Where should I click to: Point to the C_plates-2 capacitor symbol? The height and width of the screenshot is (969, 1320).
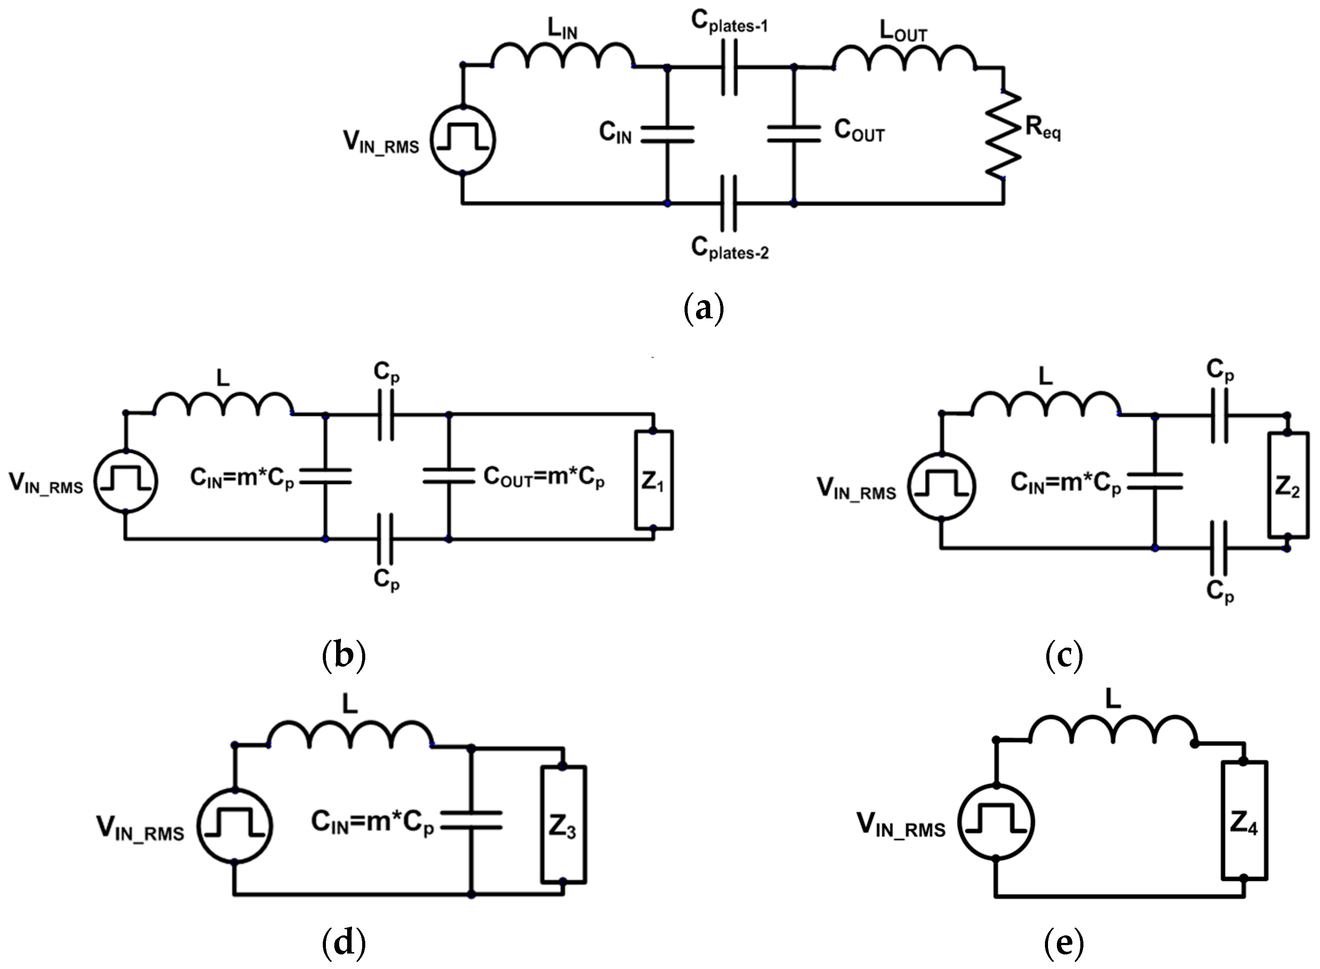[729, 203]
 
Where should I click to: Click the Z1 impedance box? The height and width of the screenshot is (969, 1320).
[654, 480]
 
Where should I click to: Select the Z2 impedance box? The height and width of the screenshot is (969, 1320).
[1287, 484]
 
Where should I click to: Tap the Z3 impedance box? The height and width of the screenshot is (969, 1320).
[562, 824]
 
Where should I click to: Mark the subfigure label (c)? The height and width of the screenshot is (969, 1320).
[1064, 655]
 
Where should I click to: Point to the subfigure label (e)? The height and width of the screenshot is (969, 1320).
[1064, 942]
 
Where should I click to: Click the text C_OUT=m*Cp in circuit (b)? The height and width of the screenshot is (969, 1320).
[544, 477]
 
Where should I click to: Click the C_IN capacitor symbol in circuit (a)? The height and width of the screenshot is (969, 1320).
[667, 134]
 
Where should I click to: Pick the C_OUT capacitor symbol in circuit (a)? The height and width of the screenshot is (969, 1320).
[794, 134]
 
